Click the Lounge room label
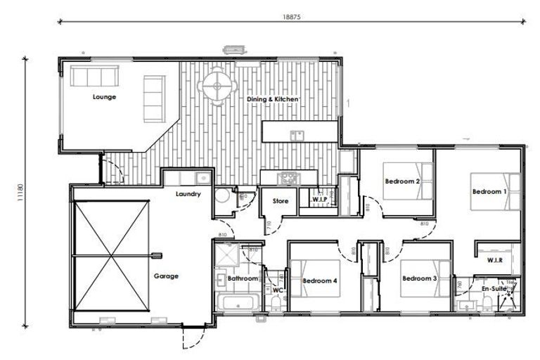click(x=104, y=97)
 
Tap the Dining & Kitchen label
click(x=273, y=100)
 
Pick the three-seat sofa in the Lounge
click(x=93, y=75)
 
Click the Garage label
click(x=166, y=276)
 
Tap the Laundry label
click(x=188, y=194)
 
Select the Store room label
click(x=281, y=202)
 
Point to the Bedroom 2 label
click(x=402, y=181)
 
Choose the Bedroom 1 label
click(x=489, y=191)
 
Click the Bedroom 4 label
click(x=320, y=281)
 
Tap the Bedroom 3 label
click(x=420, y=278)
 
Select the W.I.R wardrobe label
click(x=496, y=260)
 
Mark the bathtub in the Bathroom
click(x=237, y=303)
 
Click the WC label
click(x=277, y=289)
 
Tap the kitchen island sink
click(x=297, y=135)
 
